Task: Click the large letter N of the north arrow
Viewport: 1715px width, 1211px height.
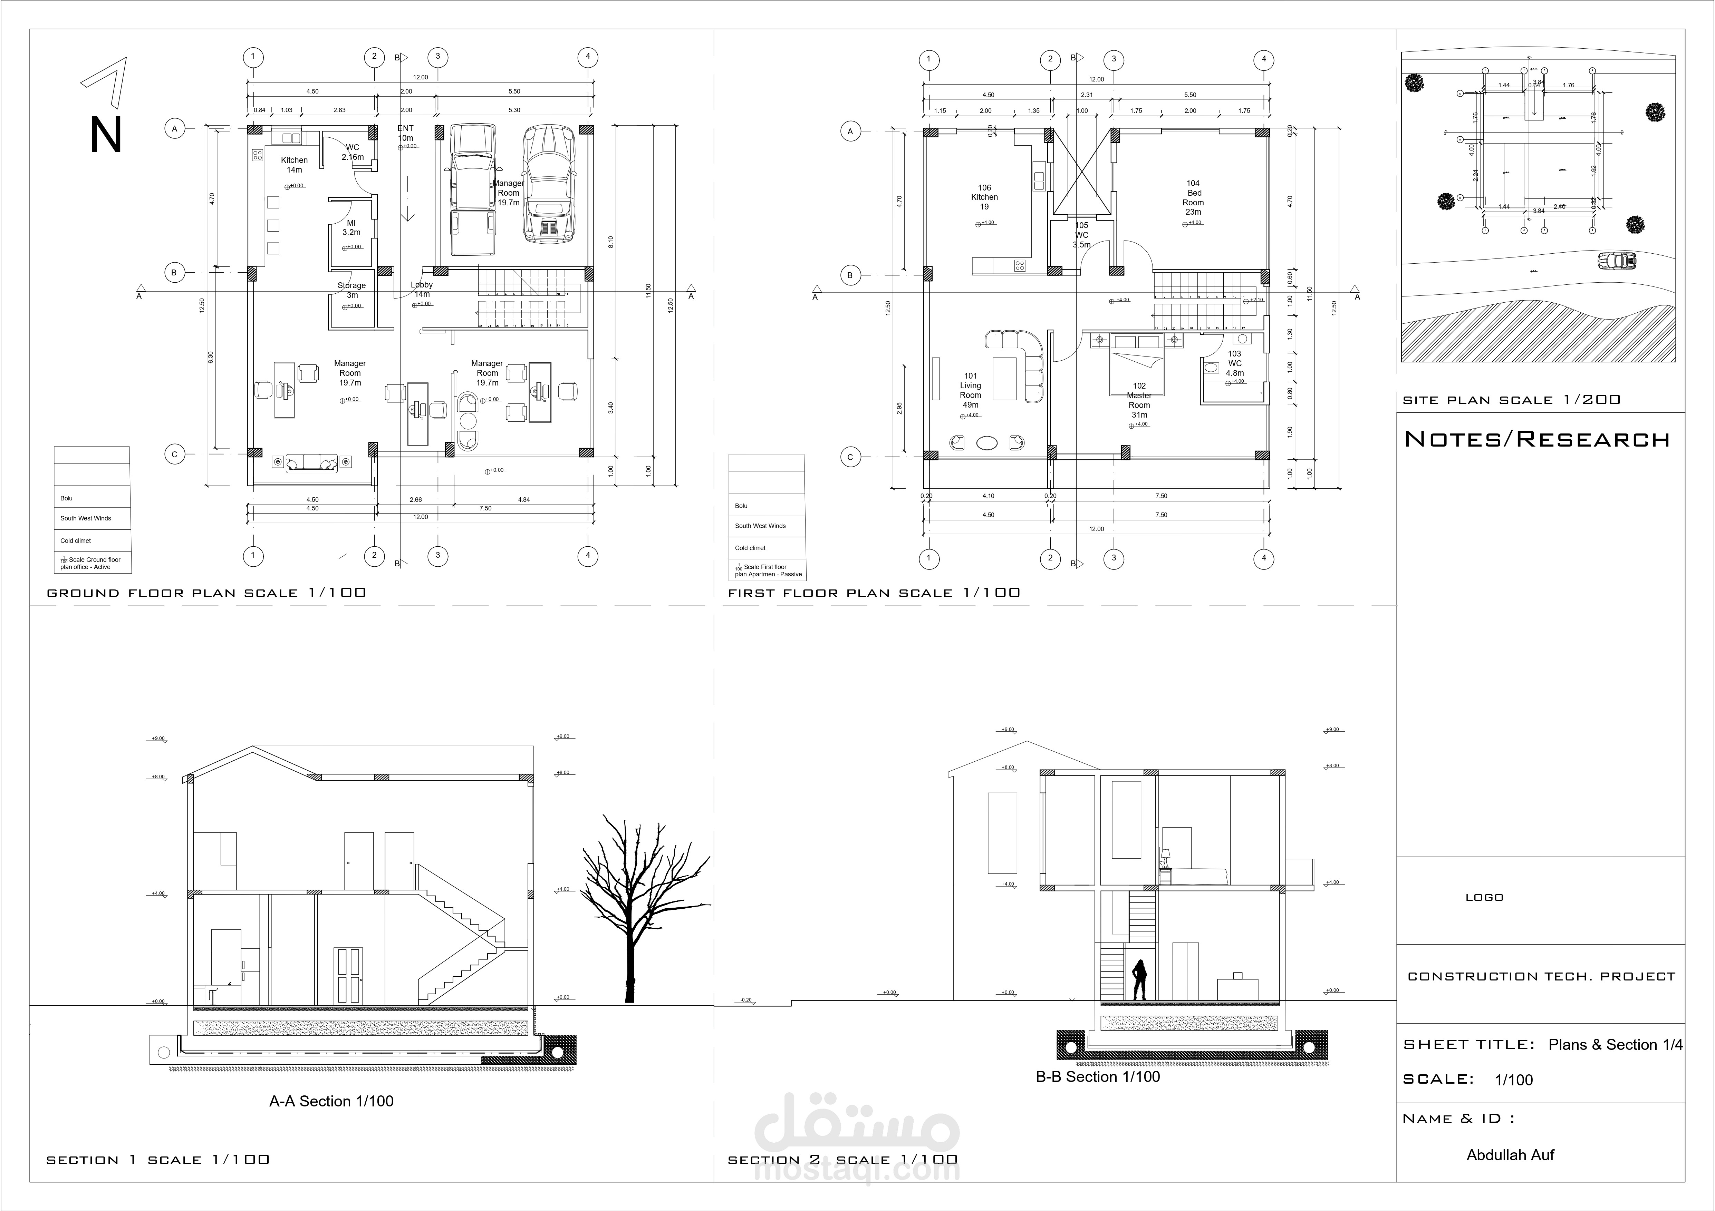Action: point(105,136)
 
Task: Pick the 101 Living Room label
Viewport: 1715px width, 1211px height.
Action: point(970,390)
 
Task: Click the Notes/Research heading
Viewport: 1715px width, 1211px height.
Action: point(1537,439)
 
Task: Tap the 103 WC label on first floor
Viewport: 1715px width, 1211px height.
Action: point(1235,364)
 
